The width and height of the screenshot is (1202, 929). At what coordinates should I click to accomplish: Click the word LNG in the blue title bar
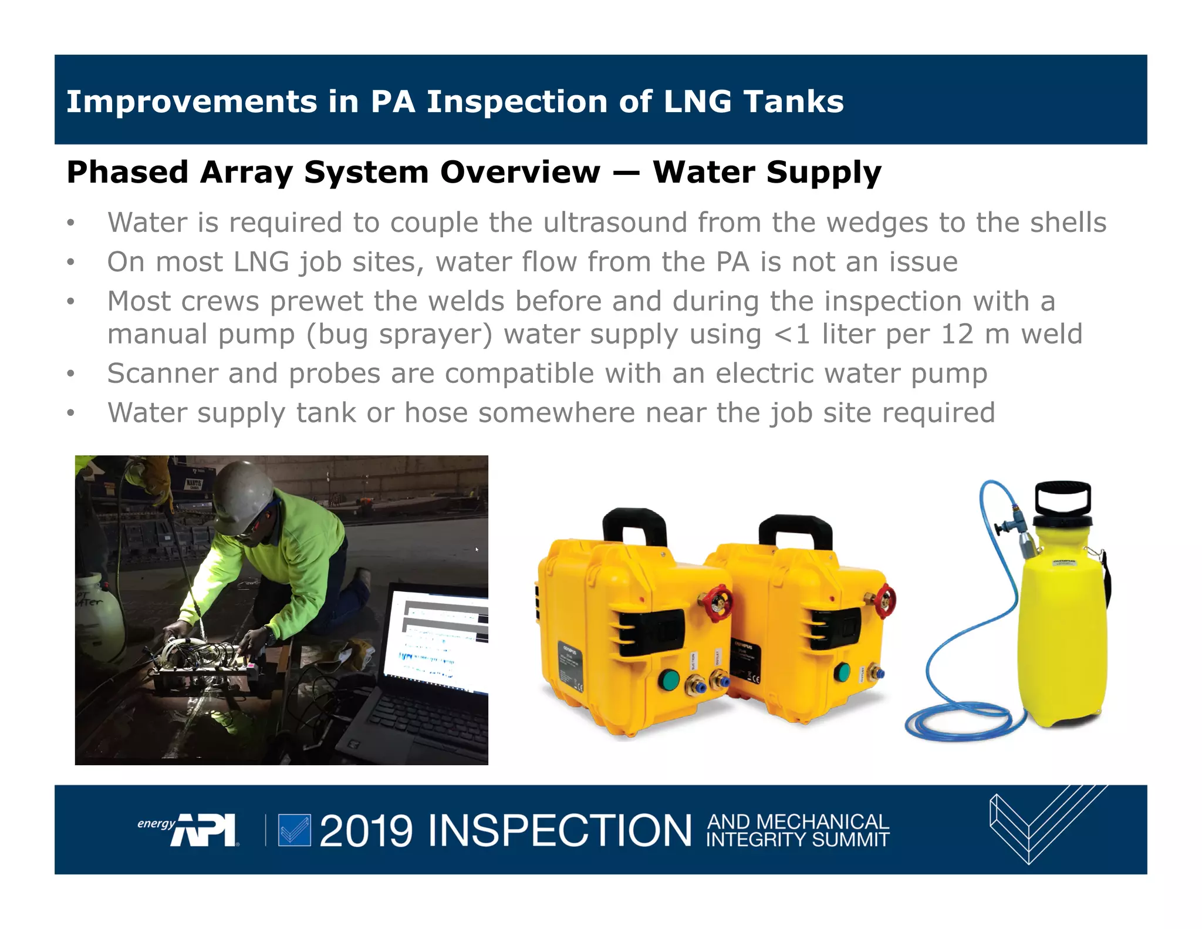697,102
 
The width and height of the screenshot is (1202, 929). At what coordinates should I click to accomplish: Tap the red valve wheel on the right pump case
884,601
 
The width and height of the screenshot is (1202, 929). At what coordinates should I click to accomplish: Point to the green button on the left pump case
668,681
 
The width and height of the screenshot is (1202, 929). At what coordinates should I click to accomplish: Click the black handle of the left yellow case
634,526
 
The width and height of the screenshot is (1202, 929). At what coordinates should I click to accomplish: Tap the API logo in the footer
203,830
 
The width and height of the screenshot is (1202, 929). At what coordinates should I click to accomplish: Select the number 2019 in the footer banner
366,831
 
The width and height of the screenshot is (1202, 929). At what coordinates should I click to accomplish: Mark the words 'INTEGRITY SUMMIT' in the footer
797,840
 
